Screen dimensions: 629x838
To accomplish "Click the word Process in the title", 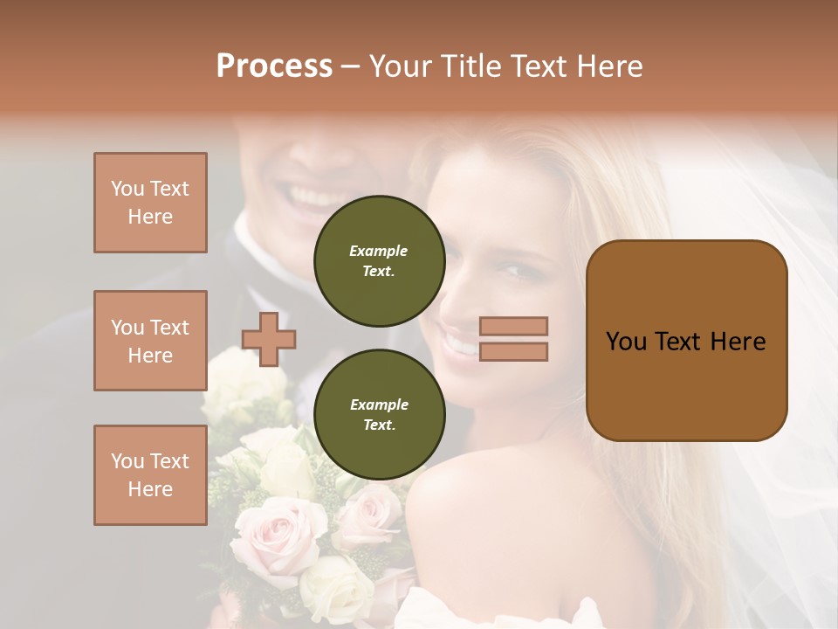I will pos(274,66).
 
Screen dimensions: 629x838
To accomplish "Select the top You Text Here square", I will pos(150,203).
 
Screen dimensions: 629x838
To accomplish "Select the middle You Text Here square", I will pos(150,341).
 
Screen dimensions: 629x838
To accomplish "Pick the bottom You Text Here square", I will pos(150,474).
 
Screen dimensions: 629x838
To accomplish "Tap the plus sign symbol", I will pos(269,339).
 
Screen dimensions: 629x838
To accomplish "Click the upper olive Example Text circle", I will pos(380,261).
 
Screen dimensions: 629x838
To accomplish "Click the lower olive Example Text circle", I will pos(380,415).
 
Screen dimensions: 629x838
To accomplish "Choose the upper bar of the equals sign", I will pos(513,327).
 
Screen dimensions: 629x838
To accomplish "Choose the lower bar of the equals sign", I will pos(513,351).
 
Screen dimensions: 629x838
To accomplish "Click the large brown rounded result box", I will pos(686,384).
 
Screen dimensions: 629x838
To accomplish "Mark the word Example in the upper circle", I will pos(378,252).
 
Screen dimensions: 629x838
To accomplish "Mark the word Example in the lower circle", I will pos(379,405).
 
